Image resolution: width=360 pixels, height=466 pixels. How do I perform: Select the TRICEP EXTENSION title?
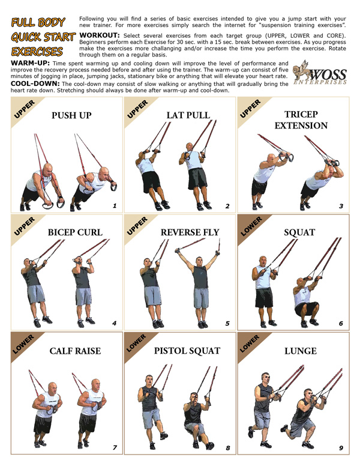pos(301,120)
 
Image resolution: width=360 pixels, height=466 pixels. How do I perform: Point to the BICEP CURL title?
pos(76,232)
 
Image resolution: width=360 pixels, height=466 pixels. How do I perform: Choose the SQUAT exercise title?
pos(301,232)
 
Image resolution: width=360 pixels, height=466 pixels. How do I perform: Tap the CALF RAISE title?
pos(75,351)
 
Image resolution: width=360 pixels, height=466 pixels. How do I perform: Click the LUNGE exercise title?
pos(301,351)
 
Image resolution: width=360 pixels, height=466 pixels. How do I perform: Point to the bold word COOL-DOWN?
pos(29,83)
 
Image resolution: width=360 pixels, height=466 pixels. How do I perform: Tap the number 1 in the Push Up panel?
pos(113,206)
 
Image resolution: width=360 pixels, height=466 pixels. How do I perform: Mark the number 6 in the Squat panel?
pos(341,324)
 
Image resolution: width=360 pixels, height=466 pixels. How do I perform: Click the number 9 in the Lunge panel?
pos(341,447)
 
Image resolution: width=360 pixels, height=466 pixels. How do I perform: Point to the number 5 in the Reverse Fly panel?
pos(227,324)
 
